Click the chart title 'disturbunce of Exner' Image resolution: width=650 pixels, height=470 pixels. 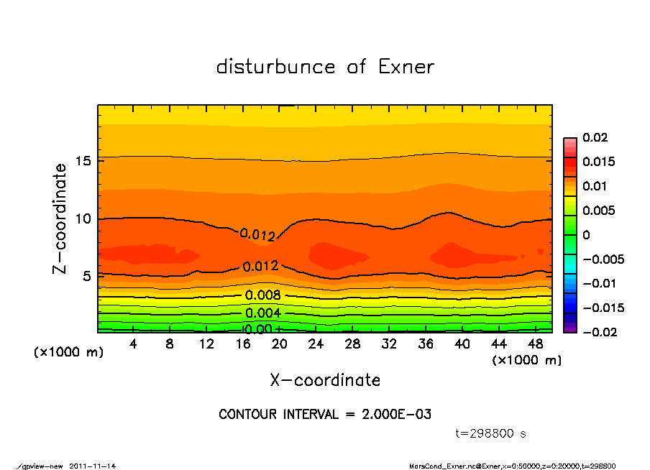325,67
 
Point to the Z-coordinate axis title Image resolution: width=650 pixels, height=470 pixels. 60,218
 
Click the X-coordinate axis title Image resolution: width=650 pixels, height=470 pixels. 325,380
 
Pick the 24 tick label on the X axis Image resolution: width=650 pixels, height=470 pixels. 316,344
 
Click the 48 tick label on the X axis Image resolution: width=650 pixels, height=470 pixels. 535,344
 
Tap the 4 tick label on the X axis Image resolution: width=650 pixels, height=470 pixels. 134,344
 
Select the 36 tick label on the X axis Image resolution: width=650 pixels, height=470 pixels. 425,344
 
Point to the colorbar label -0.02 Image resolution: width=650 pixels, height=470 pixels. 596,332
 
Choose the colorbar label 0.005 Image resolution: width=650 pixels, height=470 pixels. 597,211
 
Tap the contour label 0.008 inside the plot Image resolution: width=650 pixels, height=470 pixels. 262,295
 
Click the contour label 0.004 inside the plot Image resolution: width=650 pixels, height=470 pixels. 262,313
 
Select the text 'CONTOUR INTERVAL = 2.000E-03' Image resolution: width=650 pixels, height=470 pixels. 325,415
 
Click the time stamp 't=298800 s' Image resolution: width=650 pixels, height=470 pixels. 491,433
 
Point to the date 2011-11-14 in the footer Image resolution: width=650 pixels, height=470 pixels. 93,466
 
